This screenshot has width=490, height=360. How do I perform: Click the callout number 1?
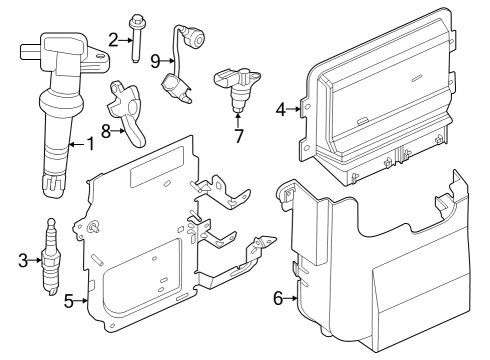[x=90, y=144]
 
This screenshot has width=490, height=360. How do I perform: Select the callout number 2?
[x=113, y=39]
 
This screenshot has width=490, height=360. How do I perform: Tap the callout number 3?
[x=22, y=261]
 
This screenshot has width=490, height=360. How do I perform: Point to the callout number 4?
[x=281, y=108]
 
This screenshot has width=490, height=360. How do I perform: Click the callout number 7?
[x=238, y=136]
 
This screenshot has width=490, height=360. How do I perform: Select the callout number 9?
[x=155, y=60]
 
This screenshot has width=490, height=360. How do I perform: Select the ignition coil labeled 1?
[x=58, y=100]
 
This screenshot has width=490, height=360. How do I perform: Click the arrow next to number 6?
[x=291, y=297]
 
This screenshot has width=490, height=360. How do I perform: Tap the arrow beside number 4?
[x=294, y=108]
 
